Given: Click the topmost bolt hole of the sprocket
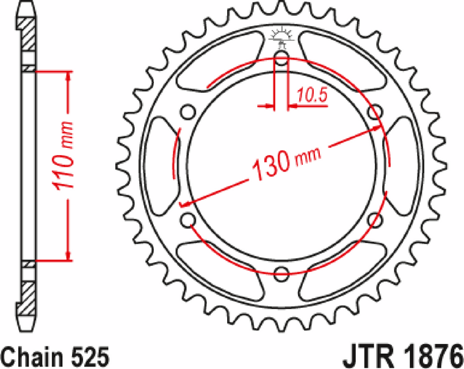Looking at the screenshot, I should point(281,59).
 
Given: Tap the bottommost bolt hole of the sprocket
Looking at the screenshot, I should point(281,272).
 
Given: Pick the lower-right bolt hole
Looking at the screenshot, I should point(374,219).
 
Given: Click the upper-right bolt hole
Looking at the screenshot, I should point(374,112).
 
